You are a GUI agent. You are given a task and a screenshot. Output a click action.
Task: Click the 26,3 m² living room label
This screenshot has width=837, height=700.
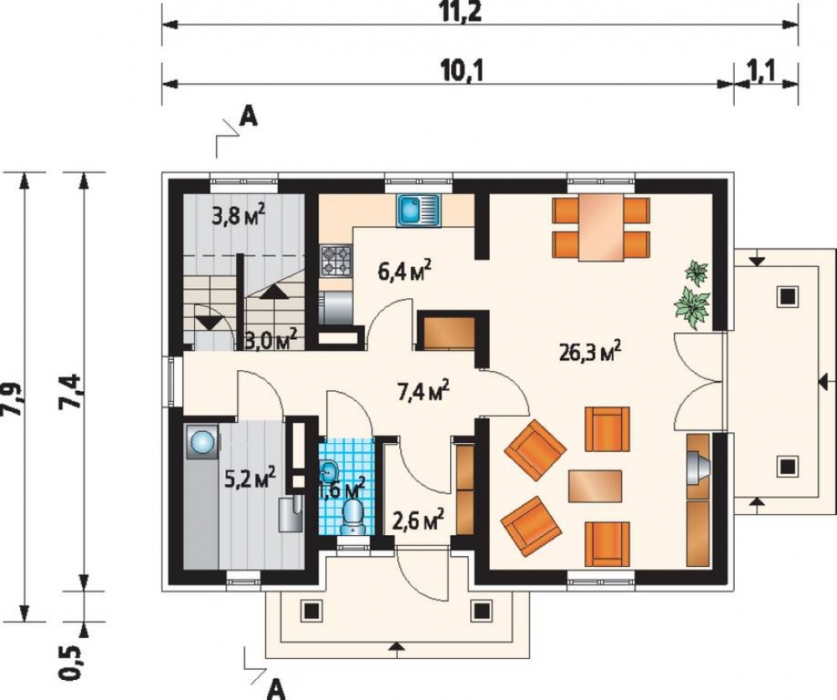(590, 352)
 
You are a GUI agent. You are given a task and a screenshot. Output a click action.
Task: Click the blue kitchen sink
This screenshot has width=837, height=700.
(418, 210)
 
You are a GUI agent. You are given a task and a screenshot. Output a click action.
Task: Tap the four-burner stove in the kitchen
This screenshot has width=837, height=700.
(336, 260)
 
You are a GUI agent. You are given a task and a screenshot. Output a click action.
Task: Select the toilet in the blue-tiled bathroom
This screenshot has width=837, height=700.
(352, 515)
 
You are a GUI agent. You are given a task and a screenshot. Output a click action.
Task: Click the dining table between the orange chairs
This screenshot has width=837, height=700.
(602, 228)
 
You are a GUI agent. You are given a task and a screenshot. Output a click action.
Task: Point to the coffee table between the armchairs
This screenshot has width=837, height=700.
(594, 486)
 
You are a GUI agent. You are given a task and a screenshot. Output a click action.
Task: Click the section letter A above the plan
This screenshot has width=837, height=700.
(249, 116)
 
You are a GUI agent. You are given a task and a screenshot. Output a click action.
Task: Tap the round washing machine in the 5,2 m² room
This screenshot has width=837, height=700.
(203, 442)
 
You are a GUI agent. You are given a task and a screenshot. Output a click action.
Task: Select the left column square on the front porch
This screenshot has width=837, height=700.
(311, 610)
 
